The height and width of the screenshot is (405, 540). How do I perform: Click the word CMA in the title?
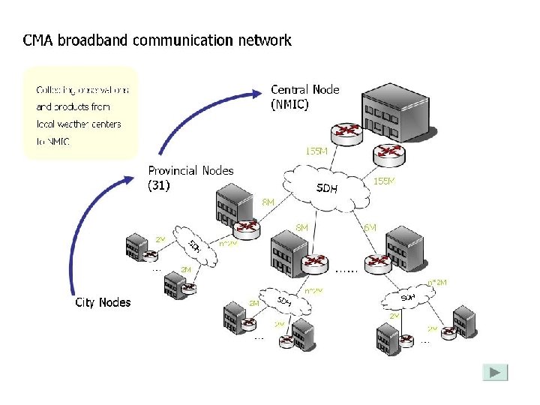coord(38,40)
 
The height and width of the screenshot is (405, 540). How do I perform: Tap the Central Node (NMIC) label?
coord(304,97)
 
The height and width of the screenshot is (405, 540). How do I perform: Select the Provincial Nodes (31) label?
coord(190,178)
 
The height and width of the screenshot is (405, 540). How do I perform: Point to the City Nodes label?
coord(103,302)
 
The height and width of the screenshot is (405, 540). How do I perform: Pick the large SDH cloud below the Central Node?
coord(328,187)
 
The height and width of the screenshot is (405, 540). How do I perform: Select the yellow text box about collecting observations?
coord(81,112)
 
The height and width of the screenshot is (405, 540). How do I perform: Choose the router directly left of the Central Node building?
coord(346,133)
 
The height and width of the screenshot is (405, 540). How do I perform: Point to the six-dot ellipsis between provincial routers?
coord(346,268)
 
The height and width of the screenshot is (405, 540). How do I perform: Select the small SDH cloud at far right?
coord(407,299)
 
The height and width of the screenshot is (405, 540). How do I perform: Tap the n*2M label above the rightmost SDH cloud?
coord(437,282)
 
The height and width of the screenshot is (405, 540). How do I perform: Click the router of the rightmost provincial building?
coord(377,262)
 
